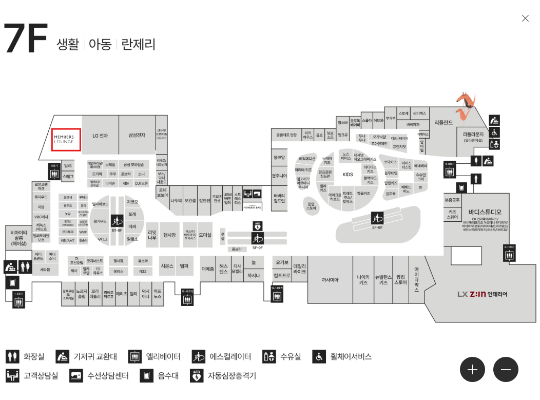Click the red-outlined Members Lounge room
pyautogui.click(x=66, y=140)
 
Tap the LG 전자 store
pyautogui.click(x=100, y=136)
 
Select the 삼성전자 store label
pyautogui.click(x=137, y=136)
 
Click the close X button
pyautogui.click(x=525, y=18)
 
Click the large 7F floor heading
pyautogui.click(x=26, y=39)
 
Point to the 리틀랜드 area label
pyautogui.click(x=443, y=122)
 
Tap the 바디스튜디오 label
pyautogui.click(x=485, y=212)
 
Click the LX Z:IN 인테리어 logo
pyautogui.click(x=482, y=294)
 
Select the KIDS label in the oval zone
pyautogui.click(x=348, y=175)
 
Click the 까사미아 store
pyautogui.click(x=330, y=280)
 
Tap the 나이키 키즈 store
pyautogui.click(x=363, y=280)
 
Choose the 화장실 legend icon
pyautogui.click(x=12, y=356)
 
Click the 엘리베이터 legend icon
pyautogui.click(x=135, y=356)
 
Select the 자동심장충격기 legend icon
pyautogui.click(x=197, y=375)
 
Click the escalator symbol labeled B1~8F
pyautogui.click(x=117, y=221)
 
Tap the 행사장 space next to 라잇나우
pyautogui.click(x=169, y=235)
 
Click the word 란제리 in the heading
pyautogui.click(x=138, y=44)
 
